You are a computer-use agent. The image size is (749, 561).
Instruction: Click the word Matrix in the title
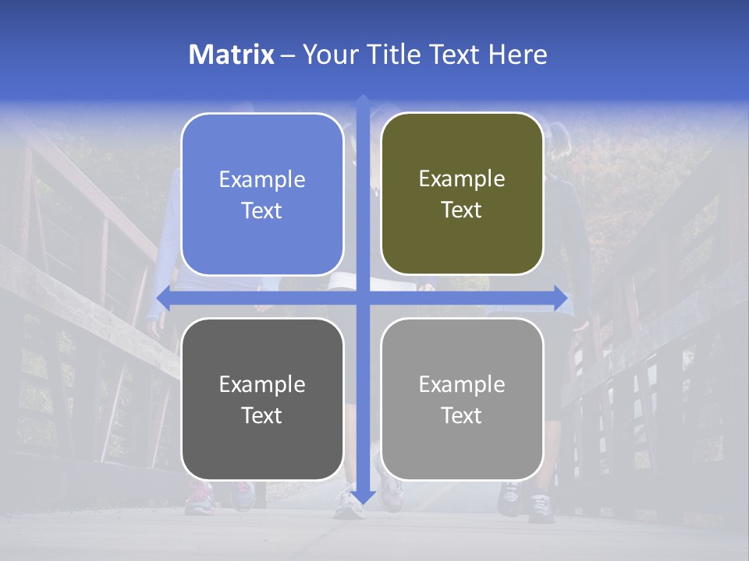coord(231,55)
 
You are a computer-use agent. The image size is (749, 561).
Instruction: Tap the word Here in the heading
coord(518,55)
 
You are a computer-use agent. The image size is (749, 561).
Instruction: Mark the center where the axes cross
coord(362,298)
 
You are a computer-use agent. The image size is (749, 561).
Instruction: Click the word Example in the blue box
coord(262,180)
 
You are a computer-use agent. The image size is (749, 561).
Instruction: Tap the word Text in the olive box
coord(462,210)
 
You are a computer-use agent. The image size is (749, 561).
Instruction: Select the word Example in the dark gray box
coord(262,384)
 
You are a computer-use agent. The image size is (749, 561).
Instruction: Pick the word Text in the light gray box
coord(462,415)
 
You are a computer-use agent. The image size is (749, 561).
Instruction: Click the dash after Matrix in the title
coord(288,55)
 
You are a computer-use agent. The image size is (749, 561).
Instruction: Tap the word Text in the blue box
coord(262,210)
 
